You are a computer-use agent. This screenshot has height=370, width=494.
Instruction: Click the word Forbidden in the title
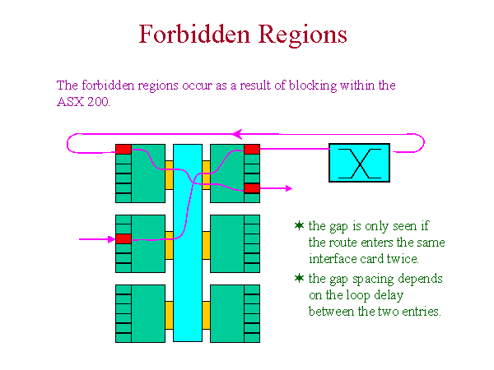(x=194, y=34)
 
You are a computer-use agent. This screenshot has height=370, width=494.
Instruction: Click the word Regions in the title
(x=303, y=35)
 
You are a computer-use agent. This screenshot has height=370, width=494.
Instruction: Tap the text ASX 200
(x=83, y=102)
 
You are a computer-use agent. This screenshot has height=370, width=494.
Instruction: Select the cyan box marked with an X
(x=359, y=163)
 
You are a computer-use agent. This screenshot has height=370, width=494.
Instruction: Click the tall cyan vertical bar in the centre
(x=188, y=243)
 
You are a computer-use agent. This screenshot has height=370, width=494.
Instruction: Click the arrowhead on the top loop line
(x=237, y=134)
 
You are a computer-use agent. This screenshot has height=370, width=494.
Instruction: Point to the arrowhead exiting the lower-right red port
(x=289, y=188)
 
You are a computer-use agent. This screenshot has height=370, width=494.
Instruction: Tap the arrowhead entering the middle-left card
(x=111, y=239)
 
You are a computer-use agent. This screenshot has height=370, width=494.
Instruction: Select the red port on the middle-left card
(x=123, y=238)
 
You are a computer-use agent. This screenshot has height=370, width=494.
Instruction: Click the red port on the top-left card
(x=123, y=150)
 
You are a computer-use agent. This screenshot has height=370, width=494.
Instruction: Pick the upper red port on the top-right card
(x=252, y=149)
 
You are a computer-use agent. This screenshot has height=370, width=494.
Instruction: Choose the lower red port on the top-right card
(x=252, y=188)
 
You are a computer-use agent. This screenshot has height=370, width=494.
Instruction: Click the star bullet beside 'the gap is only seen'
(x=300, y=225)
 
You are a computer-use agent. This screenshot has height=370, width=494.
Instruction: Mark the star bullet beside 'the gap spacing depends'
(x=300, y=278)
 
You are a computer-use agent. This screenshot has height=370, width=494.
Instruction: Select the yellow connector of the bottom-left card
(x=169, y=315)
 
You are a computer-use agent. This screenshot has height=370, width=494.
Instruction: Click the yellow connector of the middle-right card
(x=207, y=245)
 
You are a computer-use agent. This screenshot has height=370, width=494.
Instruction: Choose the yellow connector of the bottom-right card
(x=207, y=315)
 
